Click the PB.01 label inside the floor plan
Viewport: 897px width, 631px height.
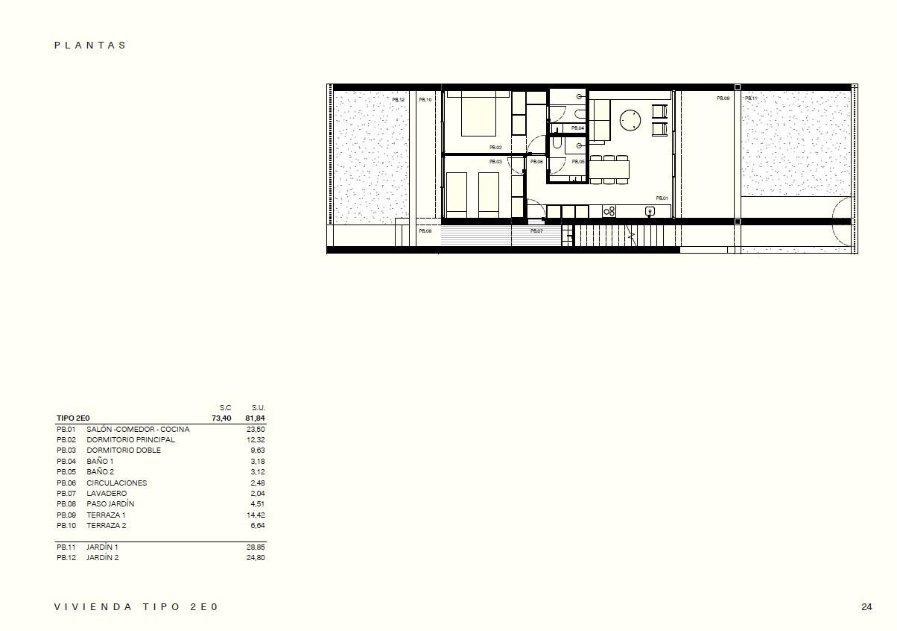coord(662,198)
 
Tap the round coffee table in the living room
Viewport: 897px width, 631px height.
coord(630,119)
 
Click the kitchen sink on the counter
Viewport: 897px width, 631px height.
coord(650,212)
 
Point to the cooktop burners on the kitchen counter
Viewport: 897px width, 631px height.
coord(609,212)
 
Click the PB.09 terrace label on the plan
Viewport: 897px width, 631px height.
coord(723,98)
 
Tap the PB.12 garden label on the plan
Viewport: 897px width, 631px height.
coord(399,99)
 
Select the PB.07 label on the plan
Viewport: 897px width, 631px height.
coord(536,231)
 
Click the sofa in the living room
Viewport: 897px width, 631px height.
coord(601,119)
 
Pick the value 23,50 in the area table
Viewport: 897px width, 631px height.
coord(256,430)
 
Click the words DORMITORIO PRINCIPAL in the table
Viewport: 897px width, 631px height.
coord(130,440)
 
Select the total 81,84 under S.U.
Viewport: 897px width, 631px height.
coord(255,418)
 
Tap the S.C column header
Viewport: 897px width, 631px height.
coord(225,408)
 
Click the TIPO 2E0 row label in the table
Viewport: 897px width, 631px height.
coord(73,418)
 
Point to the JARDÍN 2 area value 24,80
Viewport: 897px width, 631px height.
coord(256,558)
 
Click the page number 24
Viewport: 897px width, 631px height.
coord(866,607)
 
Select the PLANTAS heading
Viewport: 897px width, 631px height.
coord(90,45)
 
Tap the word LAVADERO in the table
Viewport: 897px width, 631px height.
coord(107,494)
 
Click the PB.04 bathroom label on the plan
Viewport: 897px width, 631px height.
coord(578,128)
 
